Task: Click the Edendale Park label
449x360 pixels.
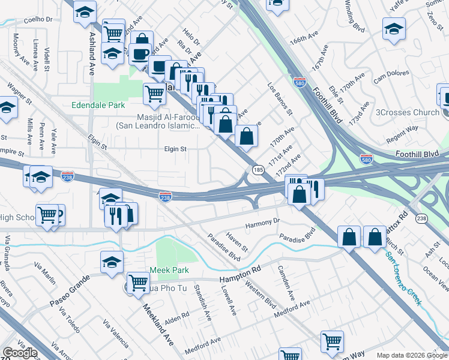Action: pyautogui.click(x=98, y=105)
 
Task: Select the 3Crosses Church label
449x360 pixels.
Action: pyautogui.click(x=408, y=112)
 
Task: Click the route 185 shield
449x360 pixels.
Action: pyautogui.click(x=258, y=170)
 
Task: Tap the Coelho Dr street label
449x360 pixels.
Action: pyautogui.click(x=38, y=19)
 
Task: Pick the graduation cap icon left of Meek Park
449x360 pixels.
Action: pyautogui.click(x=112, y=263)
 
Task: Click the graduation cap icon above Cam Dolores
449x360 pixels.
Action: pyautogui.click(x=393, y=28)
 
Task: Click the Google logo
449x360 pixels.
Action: pyautogui.click(x=19, y=353)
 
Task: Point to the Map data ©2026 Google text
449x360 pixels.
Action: pyautogui.click(x=411, y=355)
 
